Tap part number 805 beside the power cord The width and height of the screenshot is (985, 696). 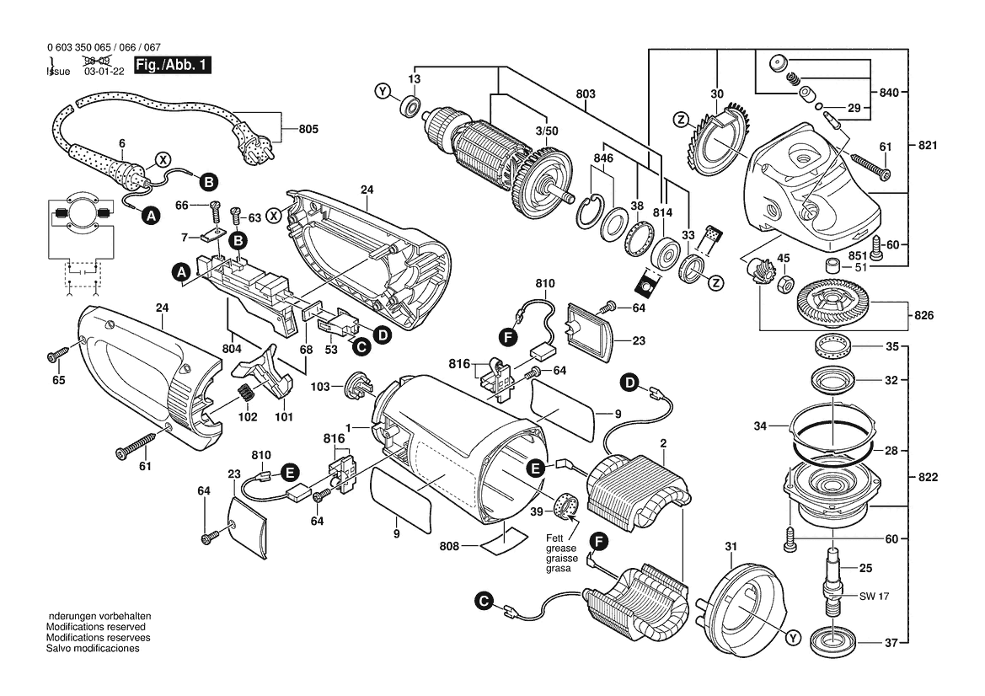(309, 130)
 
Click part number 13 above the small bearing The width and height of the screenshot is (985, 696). (414, 78)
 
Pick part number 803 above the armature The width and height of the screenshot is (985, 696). (586, 94)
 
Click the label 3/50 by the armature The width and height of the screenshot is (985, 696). (548, 132)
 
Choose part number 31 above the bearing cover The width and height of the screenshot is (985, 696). (731, 547)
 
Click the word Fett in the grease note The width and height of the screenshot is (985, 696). (554, 538)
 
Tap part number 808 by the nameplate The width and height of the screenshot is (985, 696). (450, 546)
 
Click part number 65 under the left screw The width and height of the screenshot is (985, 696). (58, 380)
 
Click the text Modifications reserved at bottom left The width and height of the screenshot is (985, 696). (95, 628)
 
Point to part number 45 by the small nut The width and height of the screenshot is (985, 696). (783, 258)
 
